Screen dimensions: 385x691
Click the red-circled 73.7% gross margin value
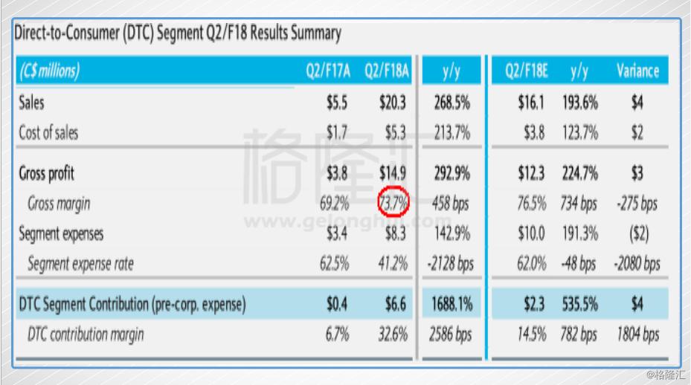click(x=393, y=203)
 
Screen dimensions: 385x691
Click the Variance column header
click(x=637, y=72)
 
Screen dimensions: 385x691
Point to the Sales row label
click(x=31, y=103)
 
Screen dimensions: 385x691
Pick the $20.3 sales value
click(x=393, y=103)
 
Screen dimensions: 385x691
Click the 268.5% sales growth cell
click(x=451, y=103)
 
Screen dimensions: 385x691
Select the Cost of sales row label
click(x=48, y=133)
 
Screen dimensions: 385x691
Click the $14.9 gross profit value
click(x=393, y=173)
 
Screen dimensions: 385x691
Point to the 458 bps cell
click(x=451, y=203)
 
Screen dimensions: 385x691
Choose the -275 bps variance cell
click(x=637, y=203)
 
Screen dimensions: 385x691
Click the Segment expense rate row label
click(x=80, y=263)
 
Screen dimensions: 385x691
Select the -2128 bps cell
click(x=451, y=263)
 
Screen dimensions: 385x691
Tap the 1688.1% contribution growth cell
click(x=451, y=303)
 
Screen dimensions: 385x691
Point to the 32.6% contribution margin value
click(x=393, y=334)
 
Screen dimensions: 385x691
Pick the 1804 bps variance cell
click(x=637, y=334)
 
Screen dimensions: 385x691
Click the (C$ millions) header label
click(x=49, y=72)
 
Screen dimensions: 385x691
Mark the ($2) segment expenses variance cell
click(x=637, y=233)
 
